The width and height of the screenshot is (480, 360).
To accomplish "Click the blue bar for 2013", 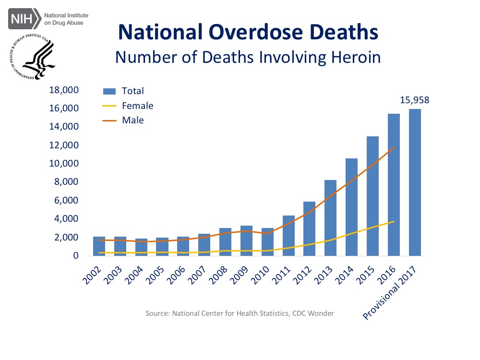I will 330,218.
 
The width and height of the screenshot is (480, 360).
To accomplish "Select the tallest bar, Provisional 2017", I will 414,182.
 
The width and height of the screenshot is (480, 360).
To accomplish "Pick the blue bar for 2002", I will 99,246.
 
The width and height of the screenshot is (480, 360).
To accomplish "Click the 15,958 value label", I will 414,100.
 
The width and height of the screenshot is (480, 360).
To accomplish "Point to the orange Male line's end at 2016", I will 394,148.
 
